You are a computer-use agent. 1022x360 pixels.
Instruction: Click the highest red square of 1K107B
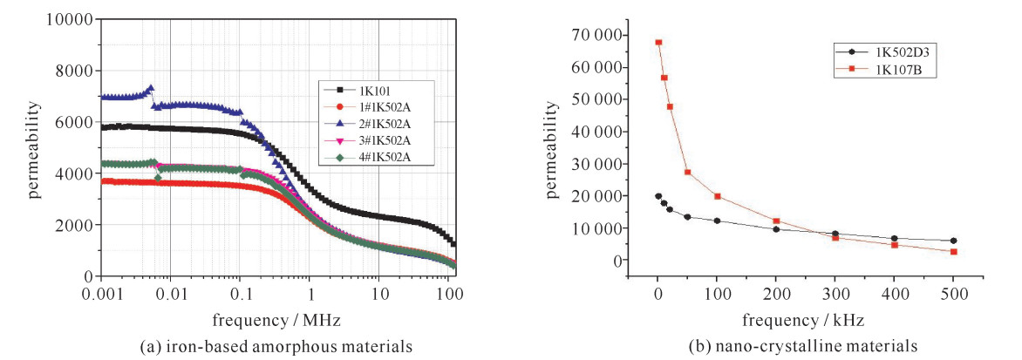(x=658, y=42)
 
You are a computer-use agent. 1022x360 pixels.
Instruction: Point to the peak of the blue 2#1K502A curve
(x=150, y=88)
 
